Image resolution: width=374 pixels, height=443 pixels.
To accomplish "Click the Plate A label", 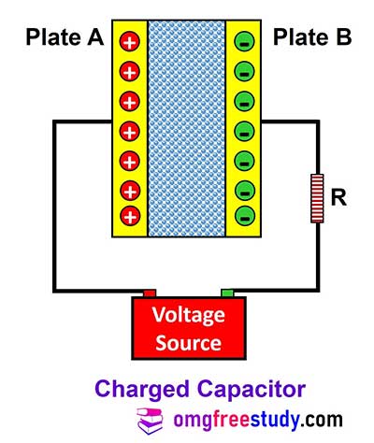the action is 65,37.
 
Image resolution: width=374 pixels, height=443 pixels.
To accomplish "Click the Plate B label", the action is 312,37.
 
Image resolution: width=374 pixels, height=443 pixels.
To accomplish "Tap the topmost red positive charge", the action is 130,41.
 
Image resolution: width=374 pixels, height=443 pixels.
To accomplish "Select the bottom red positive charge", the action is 130,216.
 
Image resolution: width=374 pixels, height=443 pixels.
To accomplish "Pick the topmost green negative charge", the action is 245,42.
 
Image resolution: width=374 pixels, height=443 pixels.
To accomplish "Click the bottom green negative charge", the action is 245,216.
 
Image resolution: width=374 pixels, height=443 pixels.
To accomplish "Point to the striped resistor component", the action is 317,198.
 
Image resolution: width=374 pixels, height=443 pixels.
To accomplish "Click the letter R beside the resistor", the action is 338,198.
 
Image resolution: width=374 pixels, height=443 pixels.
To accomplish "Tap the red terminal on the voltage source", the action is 150,293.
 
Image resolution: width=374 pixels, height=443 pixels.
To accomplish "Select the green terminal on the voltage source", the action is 227,293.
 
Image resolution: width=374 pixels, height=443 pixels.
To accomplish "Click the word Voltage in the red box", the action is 189,315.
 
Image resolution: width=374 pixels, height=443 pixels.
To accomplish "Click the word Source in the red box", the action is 189,343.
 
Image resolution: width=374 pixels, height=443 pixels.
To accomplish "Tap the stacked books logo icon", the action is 150,422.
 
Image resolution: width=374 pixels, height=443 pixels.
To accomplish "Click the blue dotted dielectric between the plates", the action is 186,129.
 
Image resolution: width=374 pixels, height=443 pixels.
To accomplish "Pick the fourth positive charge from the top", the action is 130,132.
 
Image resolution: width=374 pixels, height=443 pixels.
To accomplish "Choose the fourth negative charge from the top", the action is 245,132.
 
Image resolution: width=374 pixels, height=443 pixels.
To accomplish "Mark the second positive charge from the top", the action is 130,72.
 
